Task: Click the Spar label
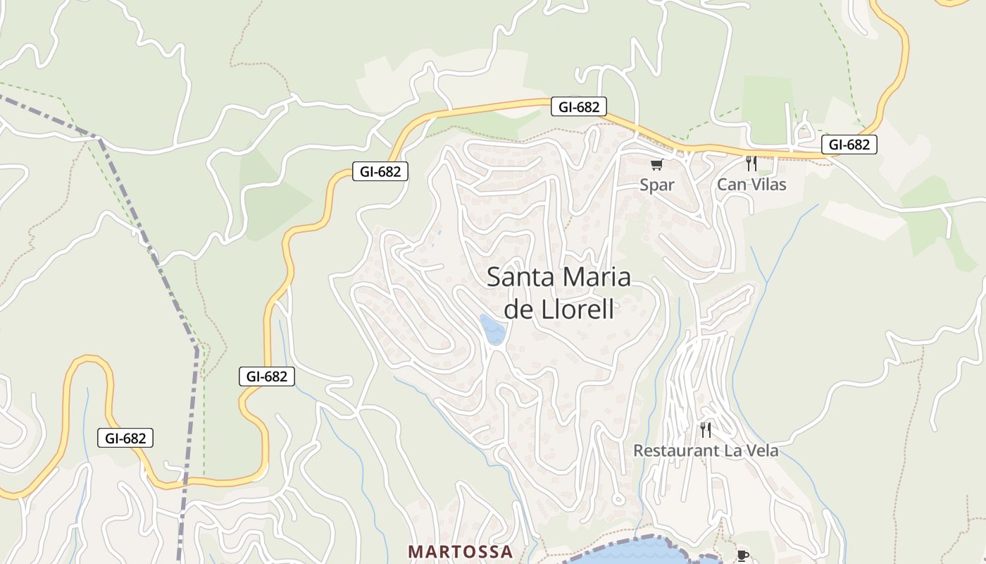pyautogui.click(x=657, y=185)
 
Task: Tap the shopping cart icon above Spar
pyautogui.click(x=656, y=165)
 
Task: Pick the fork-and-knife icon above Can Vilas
pyautogui.click(x=751, y=164)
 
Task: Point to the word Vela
pyautogui.click(x=761, y=450)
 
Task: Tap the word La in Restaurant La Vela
pyautogui.click(x=725, y=450)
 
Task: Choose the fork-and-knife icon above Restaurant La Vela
pyautogui.click(x=706, y=429)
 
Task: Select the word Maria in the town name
pyautogui.click(x=597, y=277)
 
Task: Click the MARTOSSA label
pyautogui.click(x=461, y=551)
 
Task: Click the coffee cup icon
pyautogui.click(x=742, y=556)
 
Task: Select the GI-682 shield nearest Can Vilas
pyautogui.click(x=849, y=145)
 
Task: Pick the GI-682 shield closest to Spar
pyautogui.click(x=579, y=107)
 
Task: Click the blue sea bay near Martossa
pyautogui.click(x=634, y=552)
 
